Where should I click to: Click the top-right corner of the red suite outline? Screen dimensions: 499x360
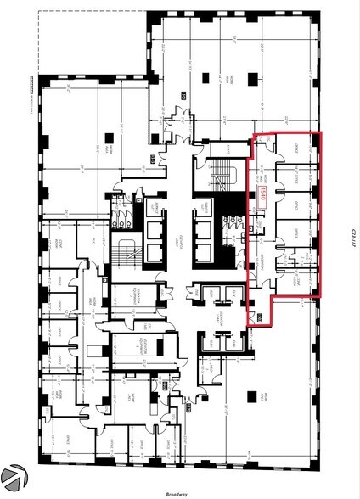coord(323,132)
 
